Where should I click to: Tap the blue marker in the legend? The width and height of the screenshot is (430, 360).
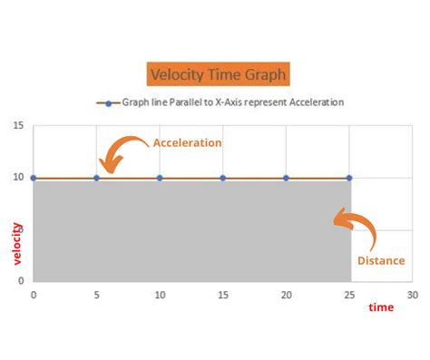[x=108, y=102]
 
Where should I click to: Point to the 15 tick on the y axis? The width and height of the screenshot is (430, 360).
[x=19, y=126]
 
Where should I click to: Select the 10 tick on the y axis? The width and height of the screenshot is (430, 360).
[x=19, y=178]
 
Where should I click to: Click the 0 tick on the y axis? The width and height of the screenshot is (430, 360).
[x=23, y=281]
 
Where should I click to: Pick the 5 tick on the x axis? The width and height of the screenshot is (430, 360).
[x=96, y=296]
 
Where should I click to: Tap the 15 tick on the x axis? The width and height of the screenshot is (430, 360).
[x=222, y=296]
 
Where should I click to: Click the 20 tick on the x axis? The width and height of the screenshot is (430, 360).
[x=286, y=296]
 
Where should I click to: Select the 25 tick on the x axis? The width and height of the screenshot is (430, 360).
[x=349, y=296]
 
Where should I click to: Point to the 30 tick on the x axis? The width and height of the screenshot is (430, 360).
[x=413, y=296]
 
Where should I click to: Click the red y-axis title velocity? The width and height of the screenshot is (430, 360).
[x=17, y=243]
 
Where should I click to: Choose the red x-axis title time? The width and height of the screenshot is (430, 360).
[x=381, y=308]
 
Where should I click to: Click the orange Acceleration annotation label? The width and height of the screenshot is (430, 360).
[x=187, y=143]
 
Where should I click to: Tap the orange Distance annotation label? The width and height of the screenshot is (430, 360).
[x=380, y=260]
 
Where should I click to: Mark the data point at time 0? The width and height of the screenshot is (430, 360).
[x=34, y=178]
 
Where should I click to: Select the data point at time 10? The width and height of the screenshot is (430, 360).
[x=160, y=178]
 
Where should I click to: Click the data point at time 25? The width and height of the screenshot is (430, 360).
[x=349, y=178]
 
